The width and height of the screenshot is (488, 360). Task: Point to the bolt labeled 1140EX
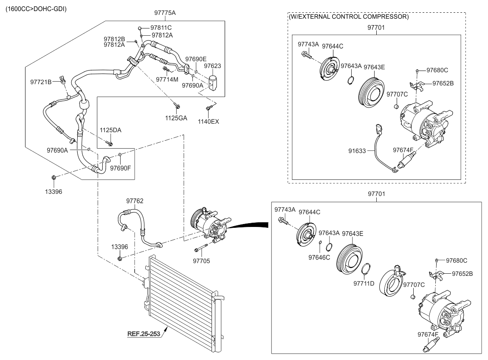(x=209, y=109)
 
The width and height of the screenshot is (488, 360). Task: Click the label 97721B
(x=41, y=81)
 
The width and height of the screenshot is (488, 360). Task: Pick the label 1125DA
(x=110, y=130)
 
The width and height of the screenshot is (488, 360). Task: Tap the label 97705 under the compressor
(x=201, y=261)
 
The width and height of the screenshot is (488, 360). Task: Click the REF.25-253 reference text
(x=144, y=334)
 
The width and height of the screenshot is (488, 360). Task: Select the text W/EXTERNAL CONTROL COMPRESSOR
(x=348, y=17)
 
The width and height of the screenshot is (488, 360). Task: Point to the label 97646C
(x=319, y=257)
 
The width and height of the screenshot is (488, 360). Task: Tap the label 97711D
(x=364, y=283)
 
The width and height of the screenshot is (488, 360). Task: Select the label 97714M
(x=167, y=79)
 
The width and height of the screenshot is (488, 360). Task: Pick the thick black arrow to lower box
(x=253, y=225)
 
